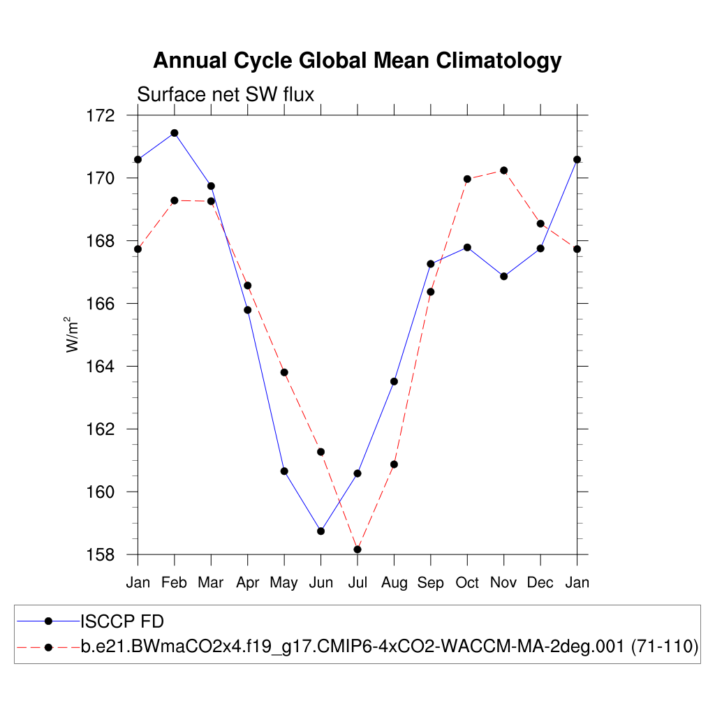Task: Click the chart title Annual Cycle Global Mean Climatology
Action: pyautogui.click(x=357, y=61)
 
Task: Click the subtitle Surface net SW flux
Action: pyautogui.click(x=226, y=94)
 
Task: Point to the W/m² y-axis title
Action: pyautogui.click(x=73, y=334)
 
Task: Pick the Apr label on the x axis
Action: pyautogui.click(x=247, y=583)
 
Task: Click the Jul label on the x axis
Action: pyautogui.click(x=357, y=583)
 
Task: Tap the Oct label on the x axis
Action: pyautogui.click(x=467, y=583)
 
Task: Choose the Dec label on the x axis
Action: pyautogui.click(x=540, y=583)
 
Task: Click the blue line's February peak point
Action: pyautogui.click(x=175, y=133)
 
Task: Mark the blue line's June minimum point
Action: pyautogui.click(x=320, y=531)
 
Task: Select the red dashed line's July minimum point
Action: pyautogui.click(x=357, y=550)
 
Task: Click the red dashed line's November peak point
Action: pyautogui.click(x=503, y=170)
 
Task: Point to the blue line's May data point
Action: pyautogui.click(x=284, y=471)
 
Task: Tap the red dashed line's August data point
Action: pyautogui.click(x=394, y=464)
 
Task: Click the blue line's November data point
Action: pyautogui.click(x=503, y=276)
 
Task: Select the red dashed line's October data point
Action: pyautogui.click(x=467, y=179)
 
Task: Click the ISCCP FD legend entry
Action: pyautogui.click(x=122, y=621)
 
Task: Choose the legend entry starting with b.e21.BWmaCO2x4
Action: pyautogui.click(x=390, y=647)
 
